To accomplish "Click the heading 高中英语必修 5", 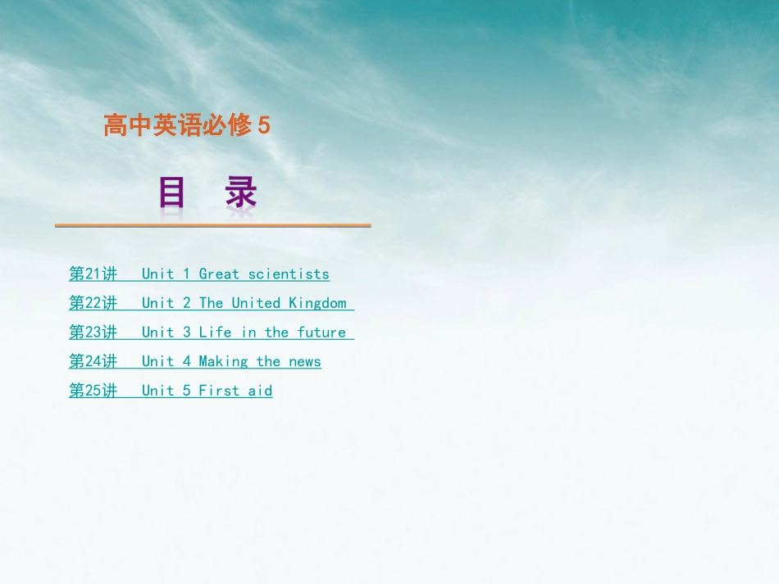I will (186, 126).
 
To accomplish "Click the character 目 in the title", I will (172, 194).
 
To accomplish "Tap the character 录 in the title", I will (241, 194).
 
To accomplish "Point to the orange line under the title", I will (213, 225).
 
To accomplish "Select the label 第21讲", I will (93, 274).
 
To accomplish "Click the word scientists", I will (289, 274).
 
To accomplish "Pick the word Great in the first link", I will (219, 274).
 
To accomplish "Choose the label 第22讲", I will (93, 303).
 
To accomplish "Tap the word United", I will (256, 303).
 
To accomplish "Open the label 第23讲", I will (93, 332).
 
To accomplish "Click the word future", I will (321, 332).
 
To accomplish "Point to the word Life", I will (215, 332).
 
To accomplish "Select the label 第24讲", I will (93, 361).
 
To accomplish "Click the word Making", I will (223, 361).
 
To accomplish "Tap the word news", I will (305, 361).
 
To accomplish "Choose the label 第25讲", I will (93, 391).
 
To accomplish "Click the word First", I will (219, 391).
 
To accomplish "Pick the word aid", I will (260, 391).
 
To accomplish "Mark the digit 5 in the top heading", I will (264, 126).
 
